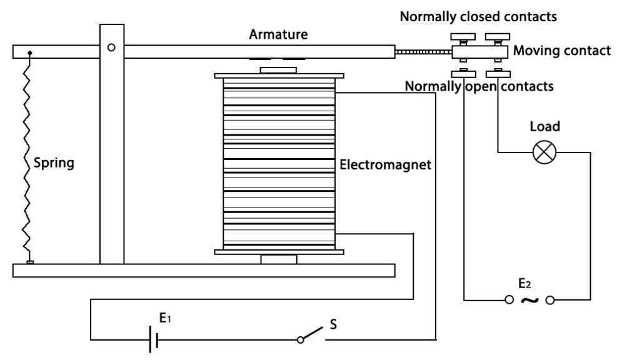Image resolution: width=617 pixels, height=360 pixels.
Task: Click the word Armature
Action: pos(278,34)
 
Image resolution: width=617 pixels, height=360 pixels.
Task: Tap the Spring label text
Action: pos(54,163)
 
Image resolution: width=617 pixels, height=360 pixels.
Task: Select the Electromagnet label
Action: pos(385,164)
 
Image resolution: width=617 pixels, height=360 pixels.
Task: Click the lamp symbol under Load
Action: pos(544,152)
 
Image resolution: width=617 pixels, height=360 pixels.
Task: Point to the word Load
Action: pos(544,126)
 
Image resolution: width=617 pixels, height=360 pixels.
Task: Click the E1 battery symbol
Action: pos(153,340)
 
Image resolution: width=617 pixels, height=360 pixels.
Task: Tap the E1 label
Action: pos(165,317)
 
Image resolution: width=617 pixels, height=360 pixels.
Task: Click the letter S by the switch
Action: pos(333,324)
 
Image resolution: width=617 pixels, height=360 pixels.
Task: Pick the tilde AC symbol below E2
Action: pos(529,301)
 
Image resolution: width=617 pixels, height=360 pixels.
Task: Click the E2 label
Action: pos(524,283)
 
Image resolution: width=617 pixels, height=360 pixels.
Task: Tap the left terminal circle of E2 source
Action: pos(509,300)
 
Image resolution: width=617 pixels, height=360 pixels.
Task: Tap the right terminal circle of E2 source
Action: pos(550,300)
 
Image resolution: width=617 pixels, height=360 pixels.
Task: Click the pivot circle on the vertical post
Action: pos(111,47)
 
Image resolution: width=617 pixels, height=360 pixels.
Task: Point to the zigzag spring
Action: pos(27,157)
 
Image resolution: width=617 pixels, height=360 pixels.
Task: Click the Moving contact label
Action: pos(562,51)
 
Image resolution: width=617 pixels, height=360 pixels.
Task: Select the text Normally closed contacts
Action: pos(478,16)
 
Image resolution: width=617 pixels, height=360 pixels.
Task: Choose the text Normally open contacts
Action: pos(479,86)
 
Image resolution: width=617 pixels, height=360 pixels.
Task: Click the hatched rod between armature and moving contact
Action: pos(423,51)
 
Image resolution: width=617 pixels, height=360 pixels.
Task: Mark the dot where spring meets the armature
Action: pos(30,52)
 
